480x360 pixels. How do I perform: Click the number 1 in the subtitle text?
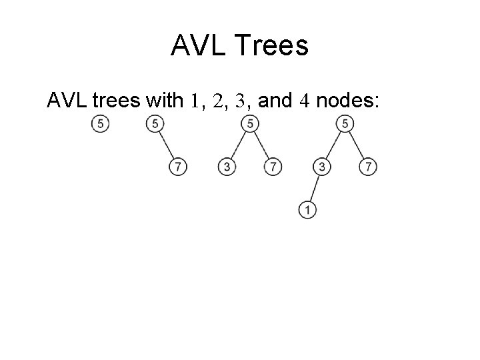(195, 101)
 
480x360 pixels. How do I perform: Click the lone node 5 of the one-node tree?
(101, 123)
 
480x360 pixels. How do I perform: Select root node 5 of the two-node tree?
(155, 123)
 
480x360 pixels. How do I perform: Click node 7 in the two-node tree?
(177, 167)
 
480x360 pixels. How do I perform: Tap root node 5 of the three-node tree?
(249, 123)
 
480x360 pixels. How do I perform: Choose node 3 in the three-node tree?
(227, 167)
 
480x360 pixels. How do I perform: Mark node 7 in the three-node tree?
(271, 167)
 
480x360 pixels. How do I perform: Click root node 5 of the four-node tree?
(345, 123)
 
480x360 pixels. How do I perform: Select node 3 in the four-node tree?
(323, 167)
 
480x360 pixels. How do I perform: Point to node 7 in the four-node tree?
(367, 167)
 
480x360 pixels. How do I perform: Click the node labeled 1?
(307, 210)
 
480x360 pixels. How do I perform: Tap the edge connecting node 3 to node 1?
(315, 188)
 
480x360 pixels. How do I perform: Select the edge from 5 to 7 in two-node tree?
(165, 145)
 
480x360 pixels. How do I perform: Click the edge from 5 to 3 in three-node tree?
(238, 145)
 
